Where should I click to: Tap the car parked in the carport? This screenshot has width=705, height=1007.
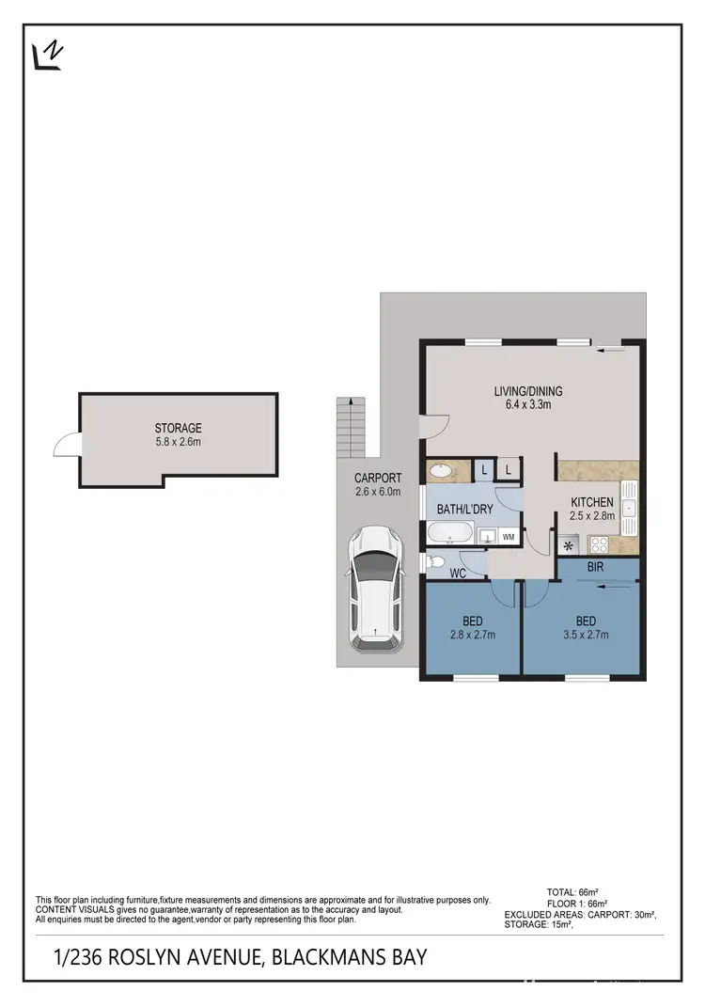[x=376, y=590]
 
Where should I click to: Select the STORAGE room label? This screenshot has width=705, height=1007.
[x=179, y=428]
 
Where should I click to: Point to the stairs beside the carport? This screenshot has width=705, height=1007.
[x=351, y=428]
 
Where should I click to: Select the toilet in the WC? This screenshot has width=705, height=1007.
[x=435, y=562]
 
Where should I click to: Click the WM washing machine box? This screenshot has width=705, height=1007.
[x=508, y=537]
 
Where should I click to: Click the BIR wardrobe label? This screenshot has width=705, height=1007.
[x=594, y=568]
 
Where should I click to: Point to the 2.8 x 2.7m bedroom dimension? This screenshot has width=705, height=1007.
[x=472, y=635]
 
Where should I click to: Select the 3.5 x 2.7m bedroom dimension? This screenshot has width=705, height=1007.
[x=585, y=635]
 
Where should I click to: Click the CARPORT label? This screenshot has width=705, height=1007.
[x=378, y=478]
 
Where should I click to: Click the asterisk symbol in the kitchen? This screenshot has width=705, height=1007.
[x=568, y=545]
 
